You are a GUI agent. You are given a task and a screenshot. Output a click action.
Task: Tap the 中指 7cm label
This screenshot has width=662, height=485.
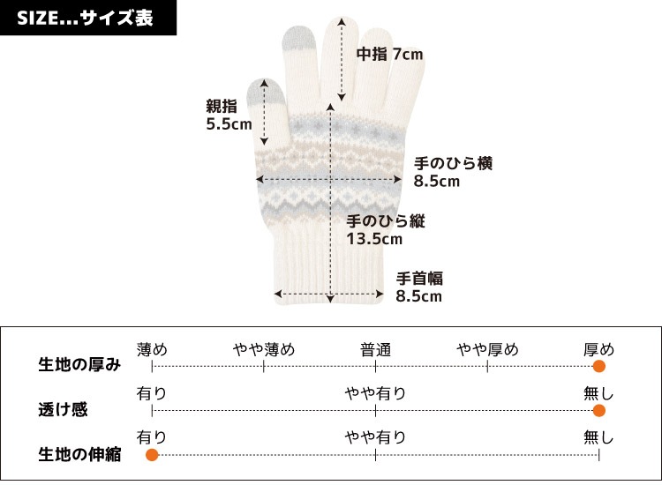click(389, 55)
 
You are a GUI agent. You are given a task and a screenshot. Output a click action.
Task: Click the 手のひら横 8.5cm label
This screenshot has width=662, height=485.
click(453, 172)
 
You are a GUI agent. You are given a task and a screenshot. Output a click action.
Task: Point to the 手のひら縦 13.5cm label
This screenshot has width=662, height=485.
click(386, 230)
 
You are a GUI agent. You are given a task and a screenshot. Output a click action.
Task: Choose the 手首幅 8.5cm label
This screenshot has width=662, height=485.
click(419, 287)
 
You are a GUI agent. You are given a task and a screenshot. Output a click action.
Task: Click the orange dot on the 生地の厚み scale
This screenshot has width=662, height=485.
click(599, 367)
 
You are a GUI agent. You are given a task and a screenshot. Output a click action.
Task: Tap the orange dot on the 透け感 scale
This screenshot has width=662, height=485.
click(599, 410)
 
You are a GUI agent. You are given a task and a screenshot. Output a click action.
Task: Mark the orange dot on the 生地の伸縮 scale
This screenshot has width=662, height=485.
click(152, 455)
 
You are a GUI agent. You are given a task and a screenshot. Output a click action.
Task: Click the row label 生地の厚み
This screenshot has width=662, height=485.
click(79, 364)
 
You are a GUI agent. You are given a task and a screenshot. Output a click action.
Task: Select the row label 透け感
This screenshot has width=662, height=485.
click(63, 410)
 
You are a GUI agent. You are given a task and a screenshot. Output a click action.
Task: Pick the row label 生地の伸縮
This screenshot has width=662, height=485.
click(79, 455)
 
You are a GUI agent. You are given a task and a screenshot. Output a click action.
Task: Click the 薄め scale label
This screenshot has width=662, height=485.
click(152, 349)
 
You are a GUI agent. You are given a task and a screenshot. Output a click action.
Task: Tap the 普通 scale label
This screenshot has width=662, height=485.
click(375, 349)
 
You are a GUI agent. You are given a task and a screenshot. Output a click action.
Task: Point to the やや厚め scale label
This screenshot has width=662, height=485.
click(487, 349)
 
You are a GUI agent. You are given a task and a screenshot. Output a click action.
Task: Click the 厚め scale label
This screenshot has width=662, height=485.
click(599, 349)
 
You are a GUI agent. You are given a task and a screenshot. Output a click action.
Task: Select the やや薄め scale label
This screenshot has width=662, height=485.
click(264, 349)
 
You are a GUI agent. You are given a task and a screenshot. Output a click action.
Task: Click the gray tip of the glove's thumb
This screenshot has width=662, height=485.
click(255, 92)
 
